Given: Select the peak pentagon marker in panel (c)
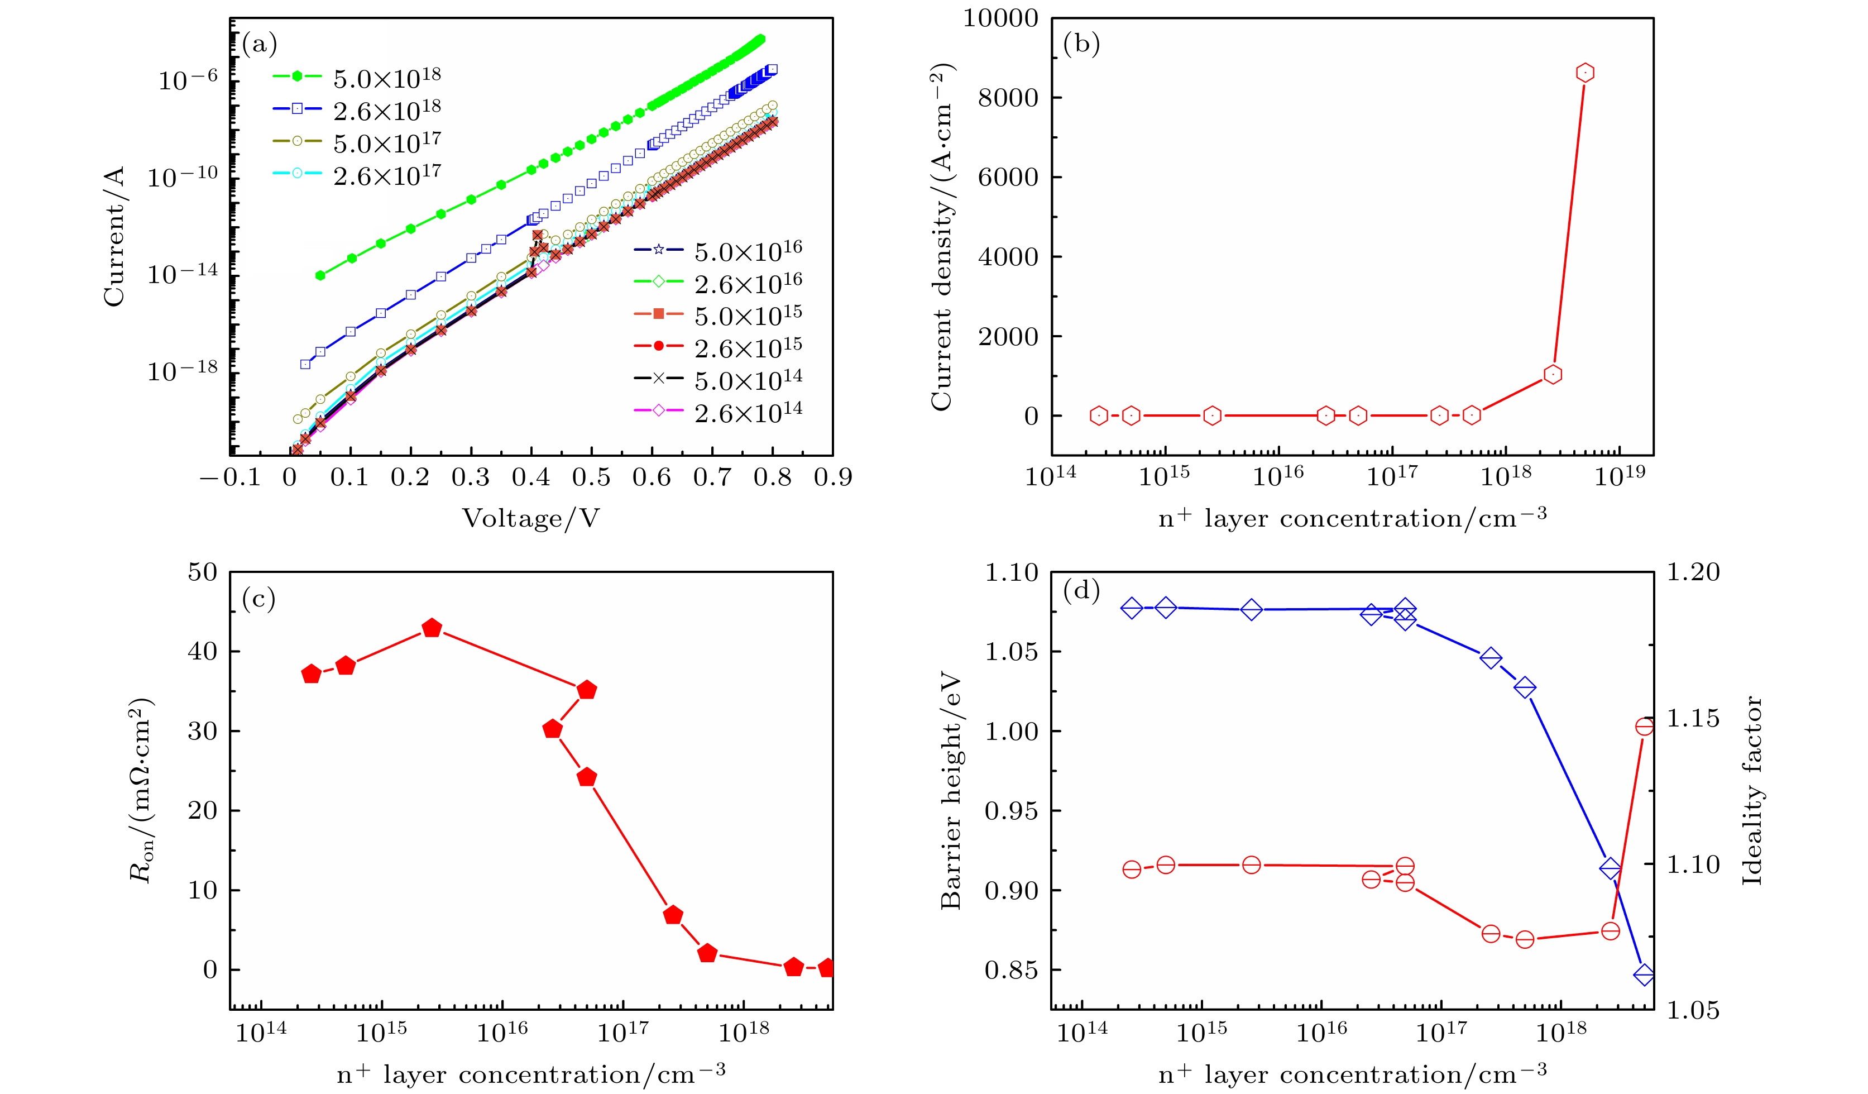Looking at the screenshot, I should [x=432, y=629].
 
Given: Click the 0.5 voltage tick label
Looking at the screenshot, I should [x=591, y=477].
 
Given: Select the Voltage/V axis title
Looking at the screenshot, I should [x=531, y=518].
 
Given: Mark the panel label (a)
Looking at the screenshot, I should [x=260, y=45].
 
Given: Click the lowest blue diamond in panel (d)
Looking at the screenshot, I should [x=1644, y=974].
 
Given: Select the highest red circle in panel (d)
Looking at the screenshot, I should [x=1644, y=726].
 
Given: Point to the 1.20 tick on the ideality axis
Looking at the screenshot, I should [x=1692, y=572].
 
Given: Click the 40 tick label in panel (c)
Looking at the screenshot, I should [x=202, y=652].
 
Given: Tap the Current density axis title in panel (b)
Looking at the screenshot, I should [x=941, y=237].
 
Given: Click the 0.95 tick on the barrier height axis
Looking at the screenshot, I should [x=1009, y=811].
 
